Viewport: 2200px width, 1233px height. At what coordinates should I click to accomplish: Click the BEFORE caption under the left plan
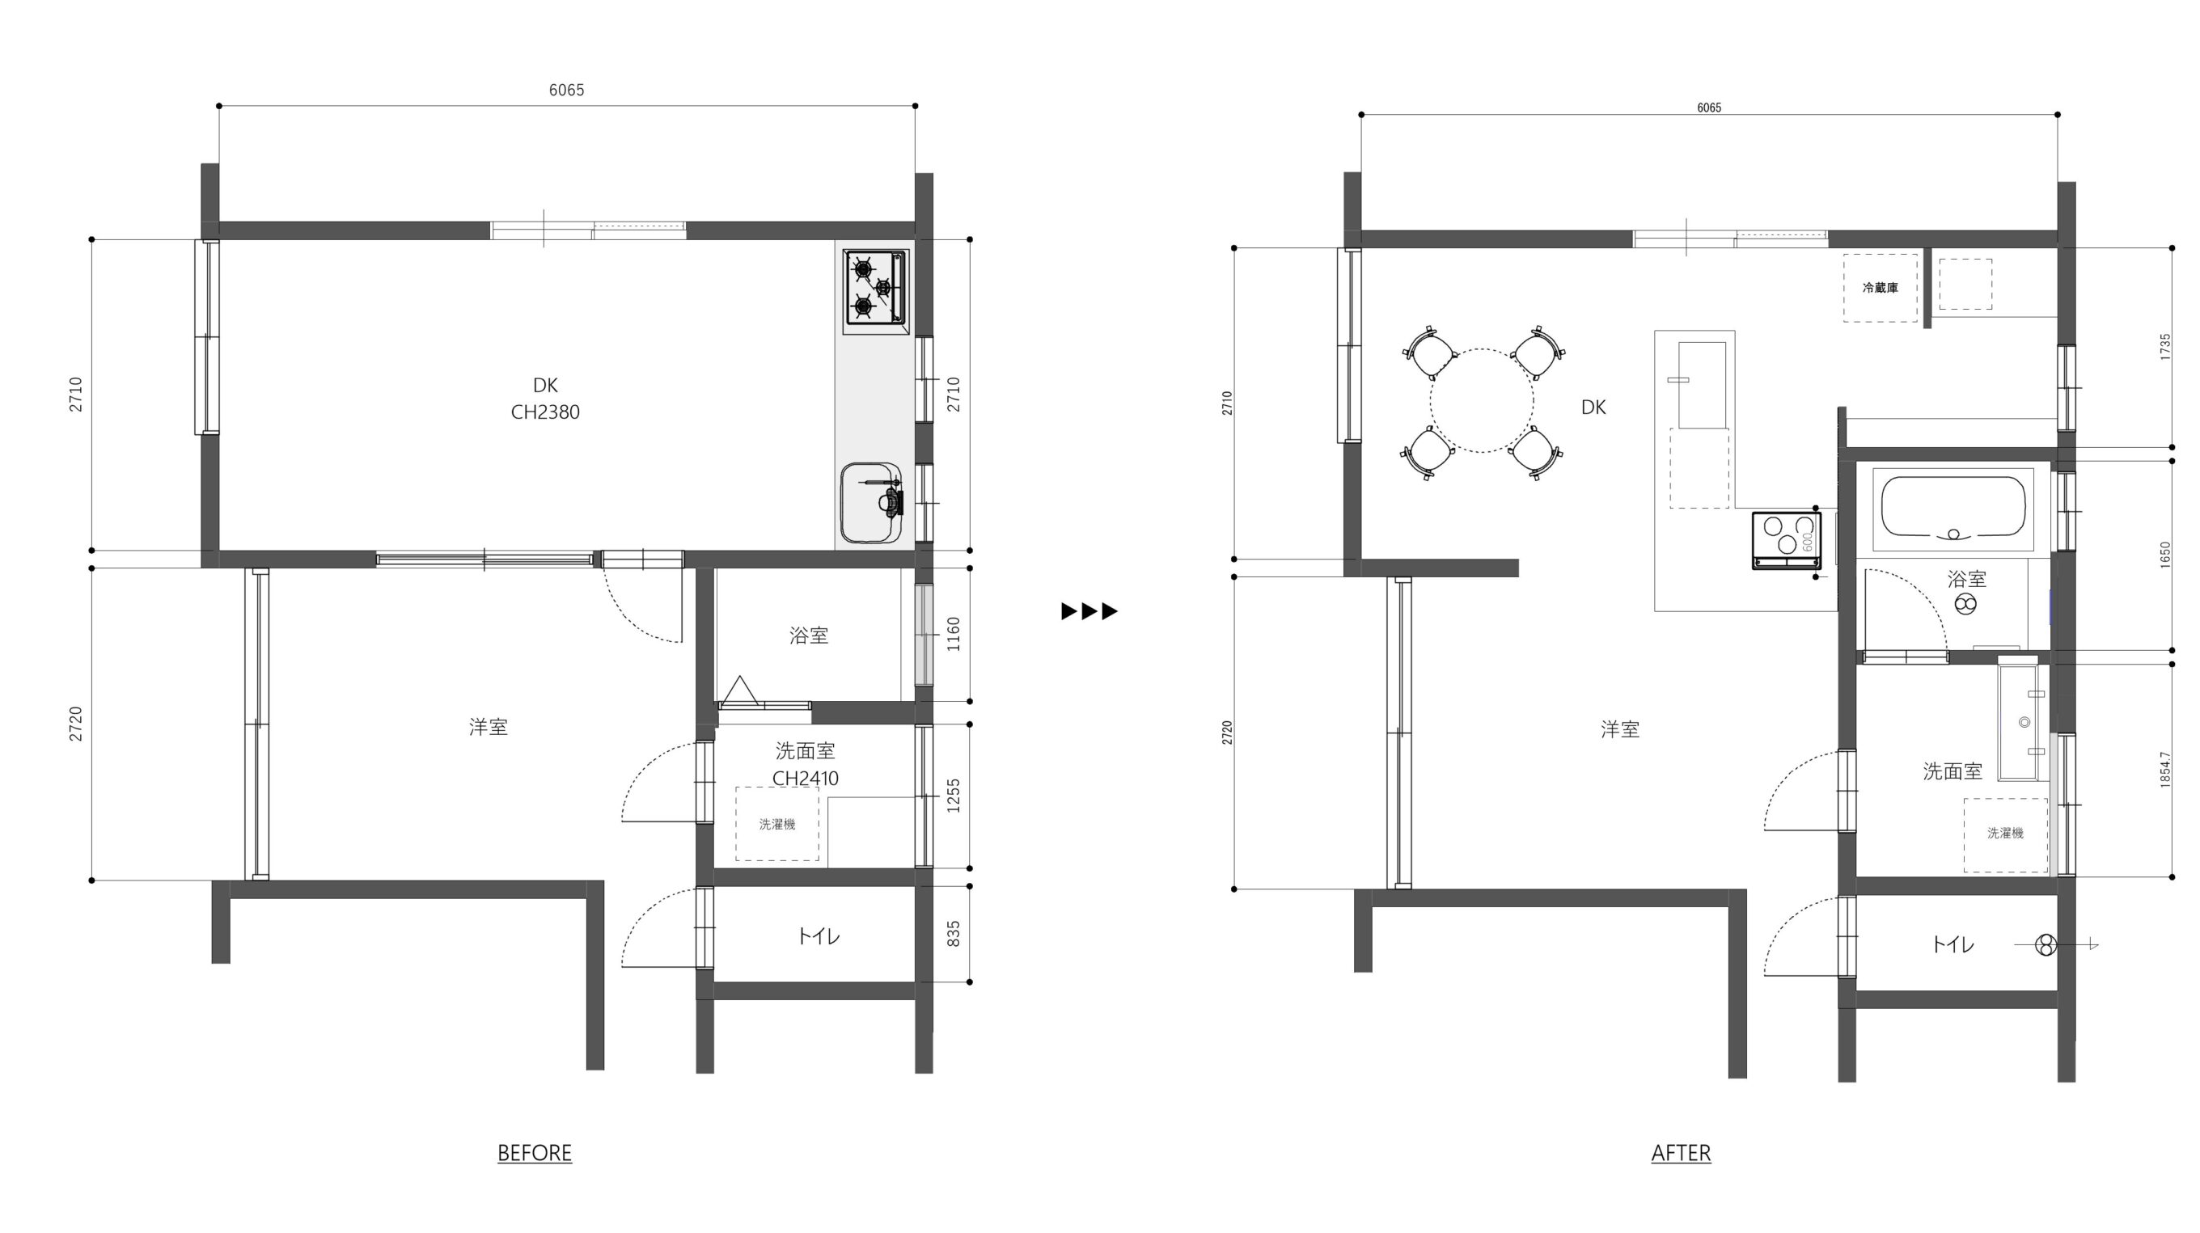[535, 1153]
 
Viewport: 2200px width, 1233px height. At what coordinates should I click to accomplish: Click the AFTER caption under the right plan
[1681, 1153]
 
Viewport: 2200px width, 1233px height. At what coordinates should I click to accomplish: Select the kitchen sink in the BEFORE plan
[871, 503]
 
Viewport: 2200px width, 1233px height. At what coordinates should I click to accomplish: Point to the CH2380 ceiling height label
[545, 412]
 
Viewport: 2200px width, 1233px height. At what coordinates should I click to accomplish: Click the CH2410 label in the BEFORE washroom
[806, 779]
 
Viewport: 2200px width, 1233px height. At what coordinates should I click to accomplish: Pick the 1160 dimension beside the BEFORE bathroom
[954, 635]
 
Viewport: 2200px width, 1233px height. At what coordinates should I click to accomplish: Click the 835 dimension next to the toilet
[954, 933]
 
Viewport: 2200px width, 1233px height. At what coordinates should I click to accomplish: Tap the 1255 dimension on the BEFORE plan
[954, 796]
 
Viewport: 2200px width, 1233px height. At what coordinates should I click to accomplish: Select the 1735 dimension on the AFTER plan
[2165, 347]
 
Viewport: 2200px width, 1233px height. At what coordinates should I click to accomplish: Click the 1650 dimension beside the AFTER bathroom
[2165, 555]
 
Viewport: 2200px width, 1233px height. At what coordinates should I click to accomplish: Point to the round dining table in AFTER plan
[1482, 400]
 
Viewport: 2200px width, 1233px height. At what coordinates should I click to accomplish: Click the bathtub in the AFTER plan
[1953, 509]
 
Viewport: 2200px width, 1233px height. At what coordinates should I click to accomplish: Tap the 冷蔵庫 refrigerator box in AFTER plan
[1880, 288]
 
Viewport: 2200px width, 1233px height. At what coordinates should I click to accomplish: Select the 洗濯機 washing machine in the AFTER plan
[2005, 834]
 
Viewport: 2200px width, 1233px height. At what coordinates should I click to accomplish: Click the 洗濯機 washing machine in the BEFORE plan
[777, 824]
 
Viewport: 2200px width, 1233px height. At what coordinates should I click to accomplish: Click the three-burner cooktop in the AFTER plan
[1786, 539]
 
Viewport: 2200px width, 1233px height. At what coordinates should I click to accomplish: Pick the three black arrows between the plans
[1089, 611]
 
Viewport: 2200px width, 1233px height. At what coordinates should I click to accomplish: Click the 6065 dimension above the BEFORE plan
[566, 91]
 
